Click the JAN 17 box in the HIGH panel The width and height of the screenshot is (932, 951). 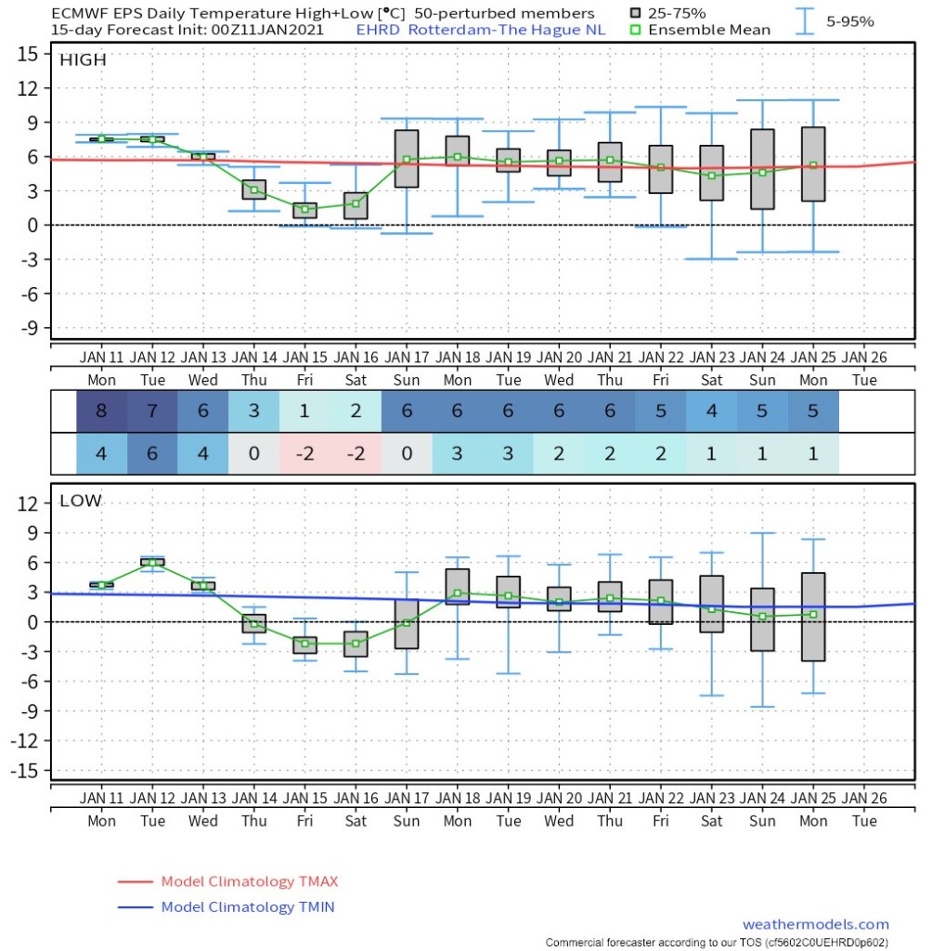click(407, 158)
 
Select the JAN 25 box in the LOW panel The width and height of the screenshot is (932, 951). click(813, 617)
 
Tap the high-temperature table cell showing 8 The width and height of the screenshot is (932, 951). click(101, 411)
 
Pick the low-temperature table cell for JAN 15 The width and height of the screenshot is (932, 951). click(305, 453)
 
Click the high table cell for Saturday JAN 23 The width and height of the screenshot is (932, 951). click(712, 411)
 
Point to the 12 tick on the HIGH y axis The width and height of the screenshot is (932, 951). click(27, 88)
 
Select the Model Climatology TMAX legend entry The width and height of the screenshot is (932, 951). click(228, 881)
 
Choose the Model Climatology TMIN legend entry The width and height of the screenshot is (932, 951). click(227, 906)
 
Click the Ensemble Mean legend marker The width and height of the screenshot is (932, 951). click(635, 30)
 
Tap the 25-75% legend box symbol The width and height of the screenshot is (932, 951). click(635, 13)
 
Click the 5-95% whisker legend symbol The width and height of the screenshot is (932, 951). click(805, 21)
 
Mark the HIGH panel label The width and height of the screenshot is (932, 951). click(83, 60)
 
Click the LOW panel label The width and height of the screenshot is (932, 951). click(80, 501)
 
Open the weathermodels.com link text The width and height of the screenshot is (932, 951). click(816, 924)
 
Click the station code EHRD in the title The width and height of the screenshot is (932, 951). click(378, 30)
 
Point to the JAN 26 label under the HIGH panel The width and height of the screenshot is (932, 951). click(864, 358)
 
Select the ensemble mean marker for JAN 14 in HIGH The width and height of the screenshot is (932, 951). click(254, 189)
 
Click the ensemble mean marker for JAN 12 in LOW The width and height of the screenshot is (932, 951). click(152, 563)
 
